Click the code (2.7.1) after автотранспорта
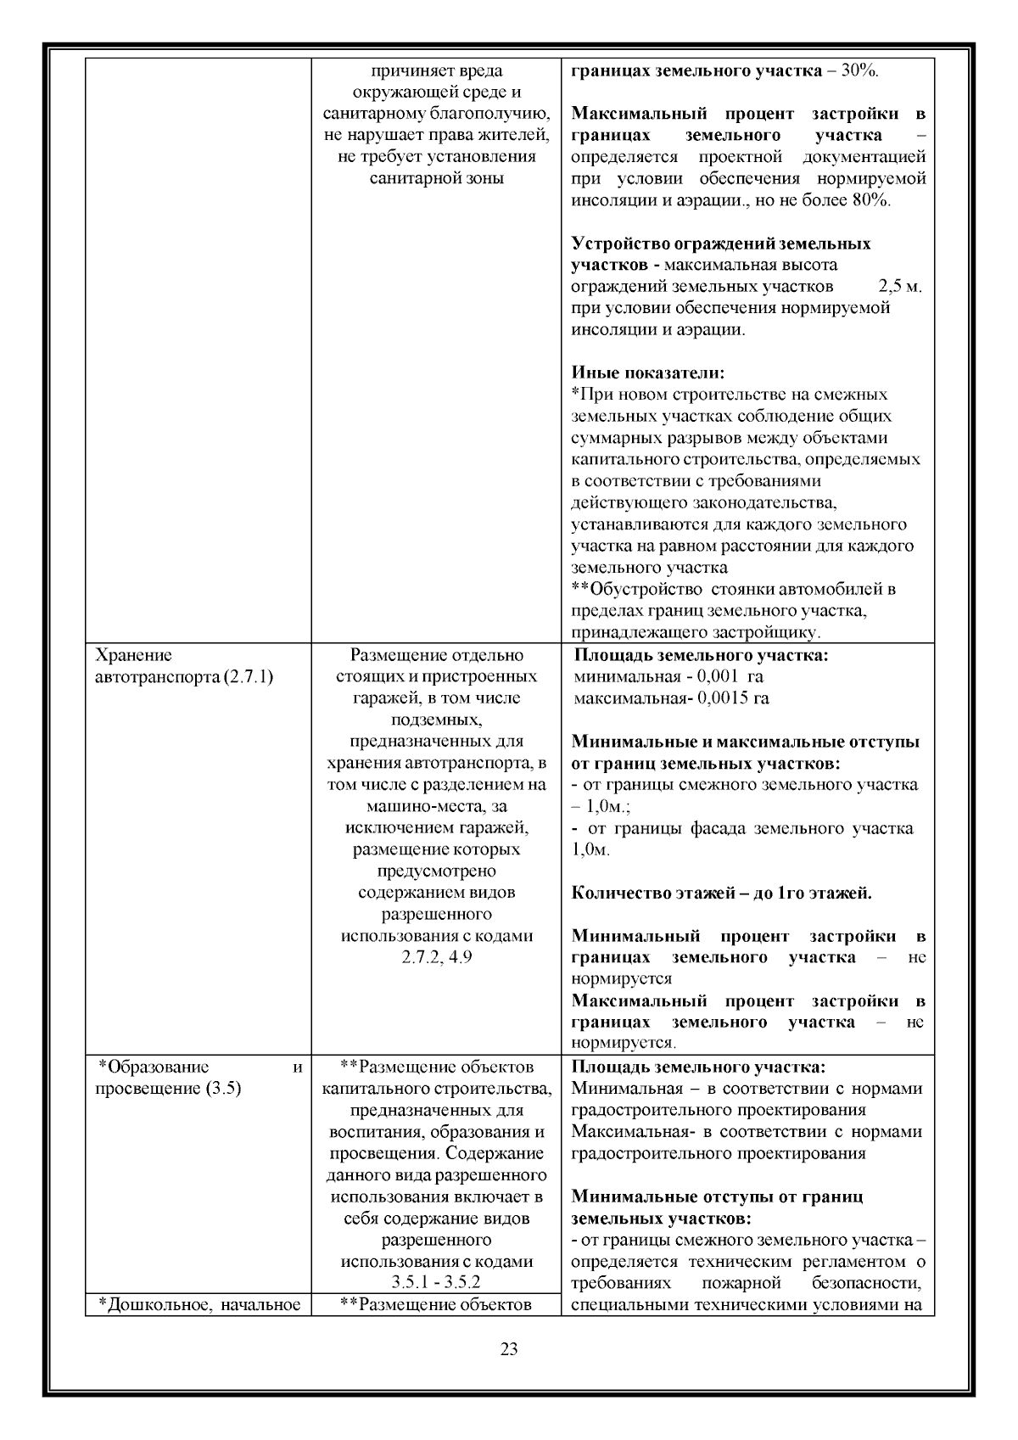coord(248,677)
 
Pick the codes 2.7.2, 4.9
coord(436,957)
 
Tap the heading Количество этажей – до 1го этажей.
coord(721,893)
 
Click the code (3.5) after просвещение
coord(223,1089)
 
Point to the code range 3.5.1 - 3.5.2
coord(436,1282)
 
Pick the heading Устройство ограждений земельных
coord(720,244)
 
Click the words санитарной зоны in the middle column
coord(436,178)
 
